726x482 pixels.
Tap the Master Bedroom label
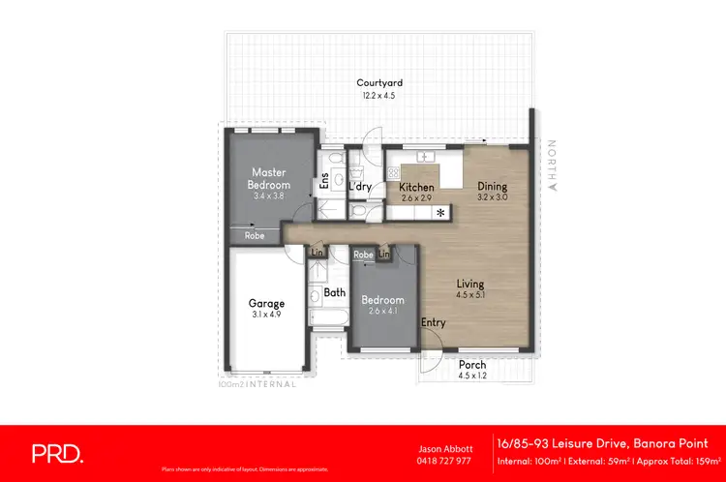tap(269, 178)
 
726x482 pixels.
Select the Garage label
tap(266, 303)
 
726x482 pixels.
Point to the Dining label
tap(493, 187)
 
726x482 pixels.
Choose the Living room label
tap(472, 284)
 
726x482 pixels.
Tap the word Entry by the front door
tap(433, 323)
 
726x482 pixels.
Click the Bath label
tap(335, 291)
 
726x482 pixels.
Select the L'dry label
tap(361, 187)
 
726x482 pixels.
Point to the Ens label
tap(324, 180)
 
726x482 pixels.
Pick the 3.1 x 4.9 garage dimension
tap(266, 315)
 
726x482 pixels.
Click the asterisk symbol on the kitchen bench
tap(440, 212)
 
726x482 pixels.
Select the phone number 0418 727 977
tap(443, 461)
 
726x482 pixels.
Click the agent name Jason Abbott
tap(443, 449)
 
